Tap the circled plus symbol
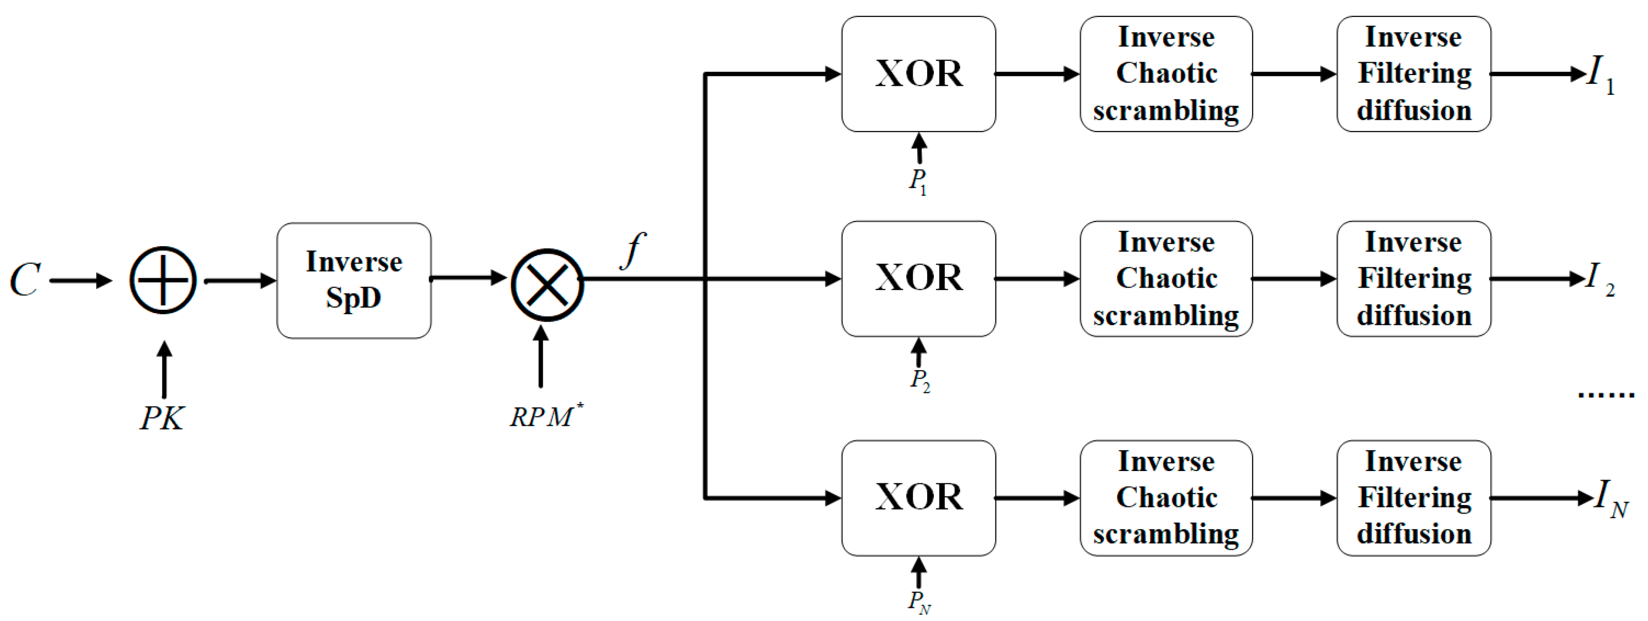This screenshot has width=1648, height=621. point(163,281)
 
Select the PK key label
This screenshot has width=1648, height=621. point(162,419)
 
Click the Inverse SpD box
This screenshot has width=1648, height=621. point(353,281)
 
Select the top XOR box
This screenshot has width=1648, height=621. point(918,74)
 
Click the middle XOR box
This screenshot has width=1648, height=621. point(918,279)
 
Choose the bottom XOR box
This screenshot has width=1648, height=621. point(918,497)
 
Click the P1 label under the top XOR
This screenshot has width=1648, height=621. point(918,181)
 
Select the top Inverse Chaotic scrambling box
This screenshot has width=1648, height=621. point(1166,74)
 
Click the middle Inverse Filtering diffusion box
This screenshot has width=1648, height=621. point(1413,279)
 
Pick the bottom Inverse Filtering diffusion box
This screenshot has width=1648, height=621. point(1413,497)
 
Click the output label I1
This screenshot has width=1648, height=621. point(1600,74)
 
